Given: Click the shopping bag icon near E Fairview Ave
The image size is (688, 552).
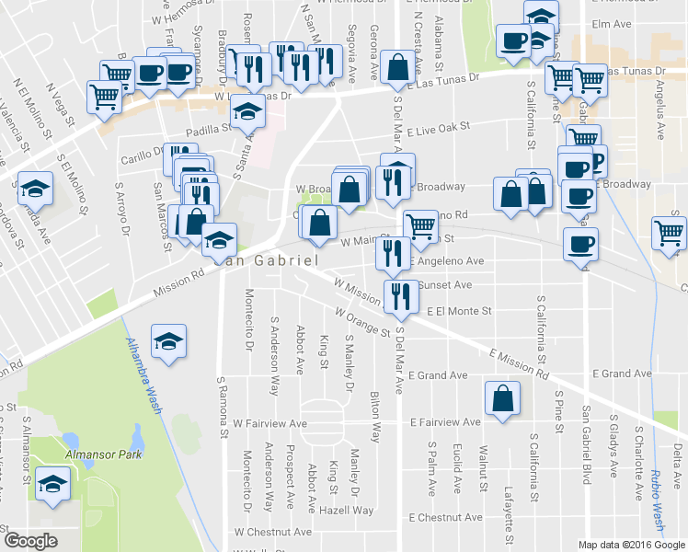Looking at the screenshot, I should (501, 399).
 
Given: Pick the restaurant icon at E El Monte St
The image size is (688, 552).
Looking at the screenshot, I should (399, 296).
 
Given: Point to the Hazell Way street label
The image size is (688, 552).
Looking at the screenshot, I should (346, 510).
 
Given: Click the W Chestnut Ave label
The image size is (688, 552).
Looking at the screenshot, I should (272, 532).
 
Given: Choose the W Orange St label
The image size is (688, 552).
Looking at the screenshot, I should (362, 324).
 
